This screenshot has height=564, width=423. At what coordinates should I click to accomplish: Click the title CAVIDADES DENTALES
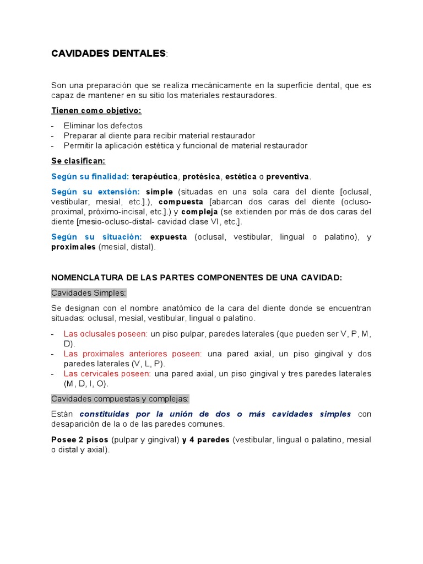(x=108, y=53)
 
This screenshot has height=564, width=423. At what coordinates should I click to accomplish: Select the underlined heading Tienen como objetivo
(x=96, y=111)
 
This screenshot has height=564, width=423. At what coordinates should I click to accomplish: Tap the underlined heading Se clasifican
(x=78, y=161)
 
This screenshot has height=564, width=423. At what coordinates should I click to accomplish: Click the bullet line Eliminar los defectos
(x=103, y=126)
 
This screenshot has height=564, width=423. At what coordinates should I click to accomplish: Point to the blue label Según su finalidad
(x=90, y=176)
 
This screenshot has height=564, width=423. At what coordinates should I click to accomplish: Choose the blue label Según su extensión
(x=95, y=192)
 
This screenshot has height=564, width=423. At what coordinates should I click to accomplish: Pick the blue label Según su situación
(x=96, y=237)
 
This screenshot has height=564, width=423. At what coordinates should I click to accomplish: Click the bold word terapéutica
(x=155, y=176)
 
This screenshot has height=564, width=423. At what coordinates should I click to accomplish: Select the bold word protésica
(x=201, y=176)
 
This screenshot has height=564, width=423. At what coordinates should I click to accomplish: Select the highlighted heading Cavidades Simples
(x=89, y=292)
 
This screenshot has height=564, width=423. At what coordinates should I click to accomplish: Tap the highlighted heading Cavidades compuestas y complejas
(x=120, y=398)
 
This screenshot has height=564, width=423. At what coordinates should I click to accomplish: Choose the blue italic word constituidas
(x=106, y=414)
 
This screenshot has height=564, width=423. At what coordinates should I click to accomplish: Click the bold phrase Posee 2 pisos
(x=80, y=440)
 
